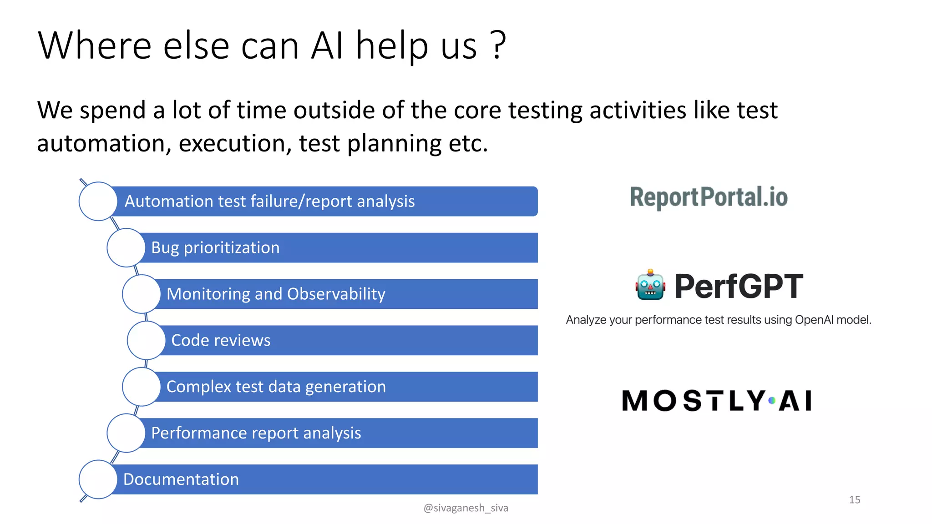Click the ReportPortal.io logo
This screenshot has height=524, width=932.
[709, 197]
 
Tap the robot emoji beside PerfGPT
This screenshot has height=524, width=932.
[650, 285]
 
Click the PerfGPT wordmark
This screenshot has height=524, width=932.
[739, 287]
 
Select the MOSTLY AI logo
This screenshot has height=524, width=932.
[717, 401]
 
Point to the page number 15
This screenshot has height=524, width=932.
[854, 499]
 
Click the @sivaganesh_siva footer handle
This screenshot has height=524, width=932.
[466, 508]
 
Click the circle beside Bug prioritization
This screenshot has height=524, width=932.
[126, 247]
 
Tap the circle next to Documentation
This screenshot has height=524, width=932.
[98, 479]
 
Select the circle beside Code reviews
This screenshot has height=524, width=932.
[146, 340]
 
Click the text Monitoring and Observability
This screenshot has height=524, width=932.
[276, 294]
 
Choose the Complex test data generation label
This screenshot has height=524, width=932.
[276, 387]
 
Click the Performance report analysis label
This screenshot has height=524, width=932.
[256, 433]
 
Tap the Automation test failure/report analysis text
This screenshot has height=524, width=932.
[269, 201]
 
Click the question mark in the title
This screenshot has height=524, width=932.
[498, 45]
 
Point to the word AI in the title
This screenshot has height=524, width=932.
[327, 45]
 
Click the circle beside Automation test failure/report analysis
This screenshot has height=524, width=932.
[98, 201]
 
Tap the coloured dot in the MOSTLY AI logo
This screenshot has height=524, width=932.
[772, 401]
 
